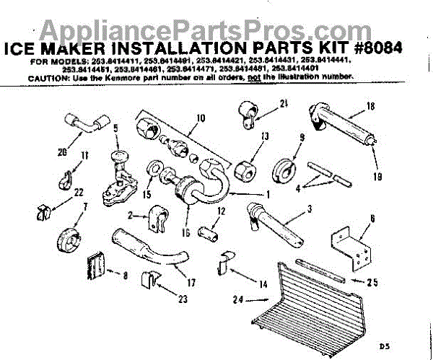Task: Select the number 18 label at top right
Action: pyautogui.click(x=369, y=105)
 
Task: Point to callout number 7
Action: pyautogui.click(x=85, y=207)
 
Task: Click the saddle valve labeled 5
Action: pyautogui.click(x=115, y=170)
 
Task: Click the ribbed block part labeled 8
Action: pyautogui.click(x=96, y=265)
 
